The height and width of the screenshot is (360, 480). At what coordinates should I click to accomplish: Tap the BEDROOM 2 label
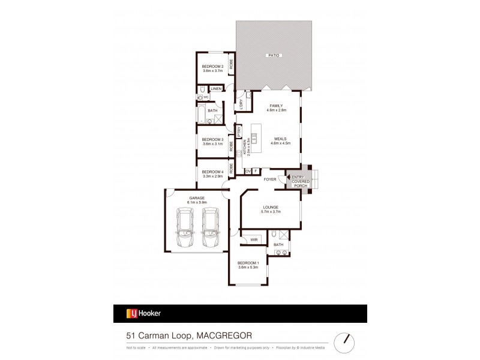tap(212, 66)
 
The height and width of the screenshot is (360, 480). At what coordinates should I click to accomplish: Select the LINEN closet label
tap(216, 89)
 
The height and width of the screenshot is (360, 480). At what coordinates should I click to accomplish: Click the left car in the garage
tap(185, 230)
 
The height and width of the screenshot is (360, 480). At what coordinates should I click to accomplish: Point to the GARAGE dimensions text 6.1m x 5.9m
tap(196, 202)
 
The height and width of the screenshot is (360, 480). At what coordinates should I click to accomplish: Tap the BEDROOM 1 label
tap(248, 263)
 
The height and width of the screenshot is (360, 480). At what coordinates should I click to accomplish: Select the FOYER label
tap(269, 179)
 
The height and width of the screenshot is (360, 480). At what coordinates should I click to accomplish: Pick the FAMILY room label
tap(276, 106)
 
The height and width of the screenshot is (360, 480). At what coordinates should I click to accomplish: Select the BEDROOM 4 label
tap(212, 172)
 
